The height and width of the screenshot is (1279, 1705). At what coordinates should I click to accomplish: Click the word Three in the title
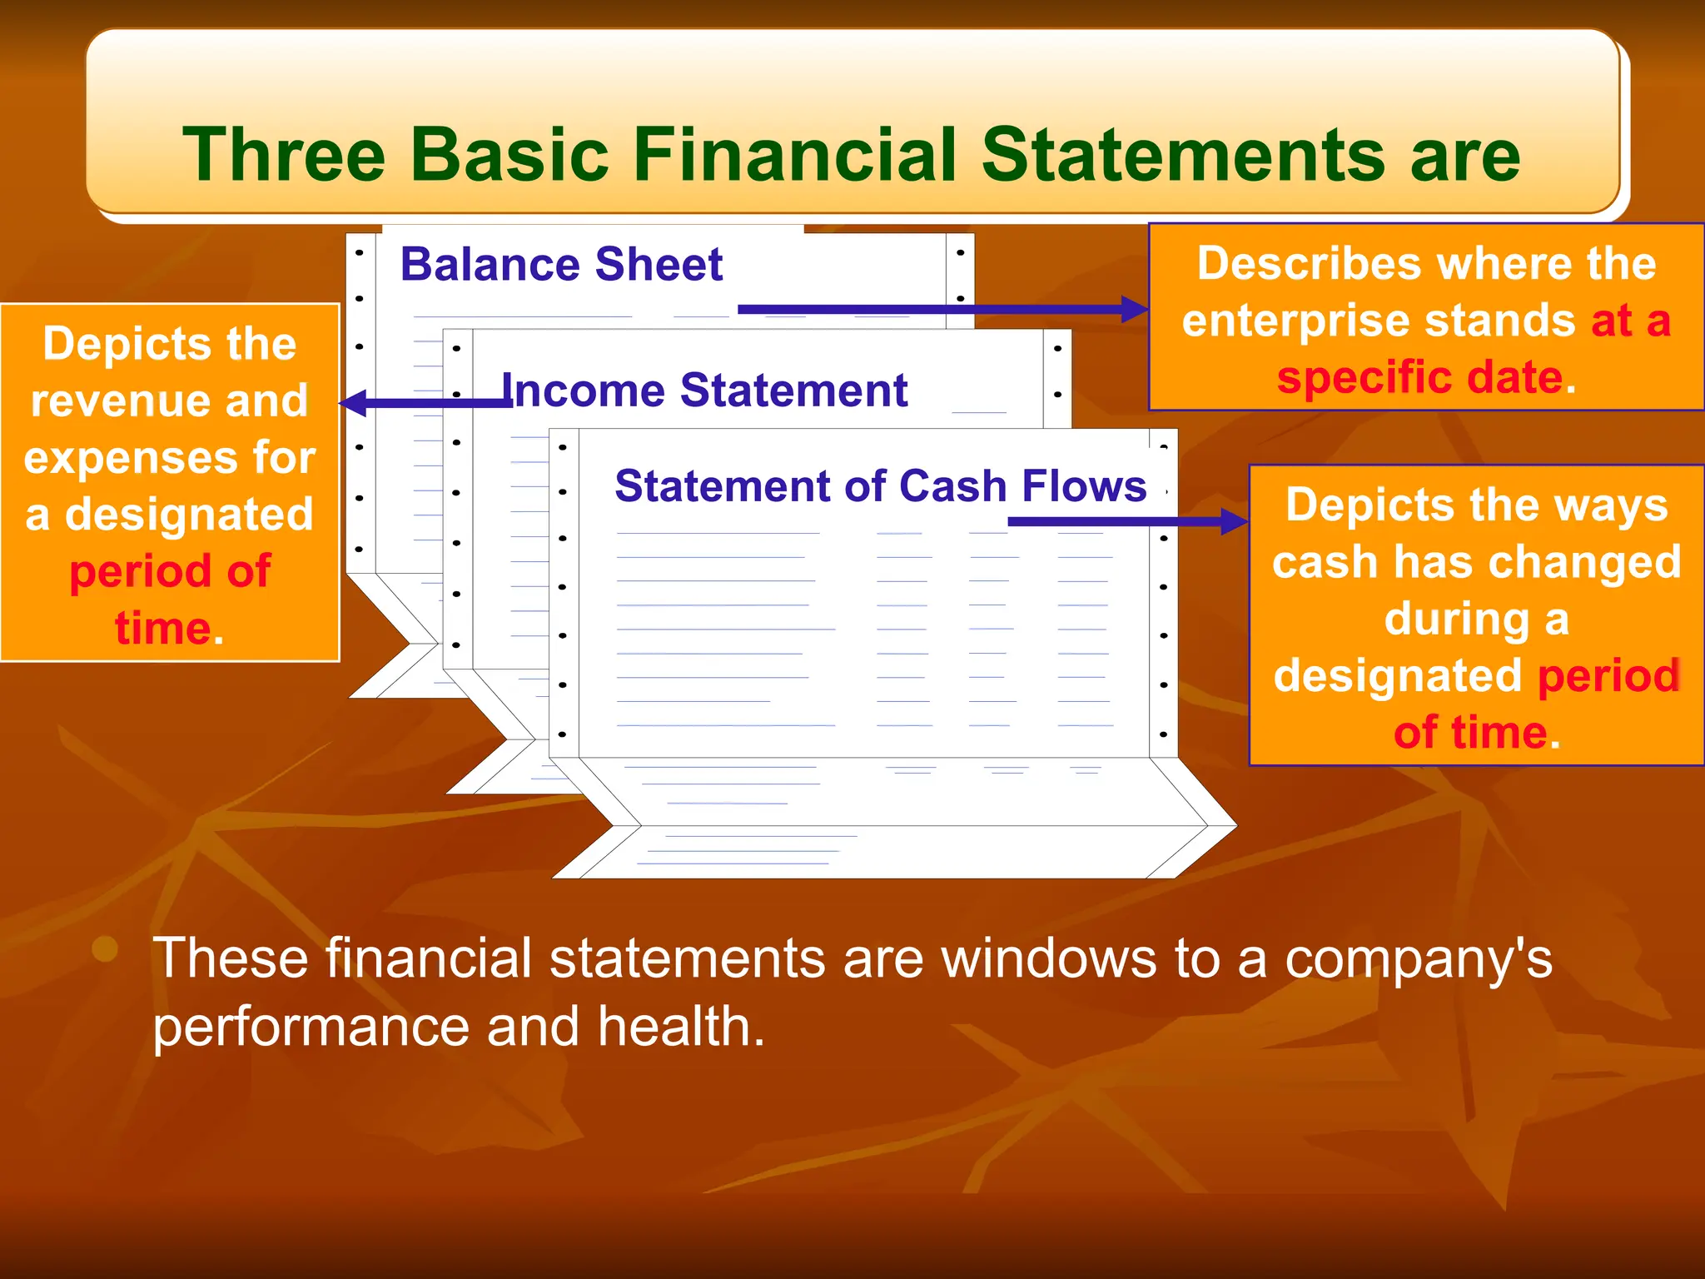coord(284,155)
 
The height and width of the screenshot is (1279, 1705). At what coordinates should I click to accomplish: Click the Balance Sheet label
coord(561,265)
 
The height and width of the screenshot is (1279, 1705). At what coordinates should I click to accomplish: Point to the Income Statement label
coord(704,391)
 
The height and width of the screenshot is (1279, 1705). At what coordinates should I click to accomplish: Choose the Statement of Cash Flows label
coord(880,486)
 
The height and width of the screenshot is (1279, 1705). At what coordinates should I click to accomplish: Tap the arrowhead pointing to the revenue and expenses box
coord(353,403)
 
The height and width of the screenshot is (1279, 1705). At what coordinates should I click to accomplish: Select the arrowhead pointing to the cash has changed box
coord(1234,522)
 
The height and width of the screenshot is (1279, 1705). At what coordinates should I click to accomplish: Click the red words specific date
coord(1419,377)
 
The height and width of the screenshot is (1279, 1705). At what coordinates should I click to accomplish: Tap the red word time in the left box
coord(162,629)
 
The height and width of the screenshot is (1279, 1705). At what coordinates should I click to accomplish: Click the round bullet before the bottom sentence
coord(105,948)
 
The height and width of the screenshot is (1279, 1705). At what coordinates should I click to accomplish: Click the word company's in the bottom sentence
coord(1418,959)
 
